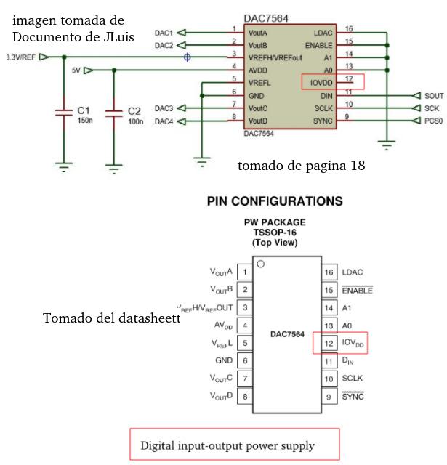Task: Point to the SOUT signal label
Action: [434, 95]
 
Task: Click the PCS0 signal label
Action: [434, 121]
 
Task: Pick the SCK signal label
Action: [432, 108]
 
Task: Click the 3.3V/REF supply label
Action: [20, 57]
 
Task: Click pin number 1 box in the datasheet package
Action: [245, 272]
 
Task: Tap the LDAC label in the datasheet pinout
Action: [353, 272]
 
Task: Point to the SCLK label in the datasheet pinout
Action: [353, 379]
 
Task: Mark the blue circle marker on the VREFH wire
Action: [188, 57]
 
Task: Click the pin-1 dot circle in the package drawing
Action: [260, 264]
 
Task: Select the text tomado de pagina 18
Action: [301, 166]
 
